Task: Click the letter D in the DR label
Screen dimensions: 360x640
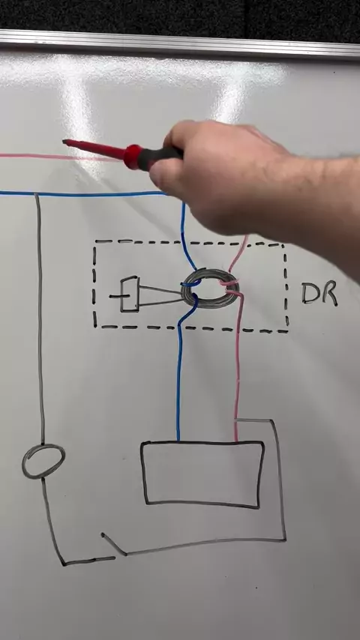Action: pyautogui.click(x=310, y=293)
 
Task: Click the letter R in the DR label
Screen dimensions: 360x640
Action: pyautogui.click(x=330, y=293)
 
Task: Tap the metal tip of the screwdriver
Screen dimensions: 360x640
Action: pyautogui.click(x=64, y=142)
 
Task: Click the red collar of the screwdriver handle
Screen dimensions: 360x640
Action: pyautogui.click(x=133, y=157)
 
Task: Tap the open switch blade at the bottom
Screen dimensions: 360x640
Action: pyautogui.click(x=113, y=543)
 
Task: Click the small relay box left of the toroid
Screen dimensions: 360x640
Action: pyautogui.click(x=130, y=295)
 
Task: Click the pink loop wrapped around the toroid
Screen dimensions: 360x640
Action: pyautogui.click(x=229, y=286)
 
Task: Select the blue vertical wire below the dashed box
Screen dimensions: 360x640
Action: pyautogui.click(x=178, y=384)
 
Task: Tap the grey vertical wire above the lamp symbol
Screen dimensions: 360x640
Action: pyautogui.click(x=40, y=319)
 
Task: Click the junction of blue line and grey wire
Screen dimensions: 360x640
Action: pyautogui.click(x=37, y=194)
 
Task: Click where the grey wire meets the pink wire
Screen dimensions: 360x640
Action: pyautogui.click(x=236, y=420)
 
